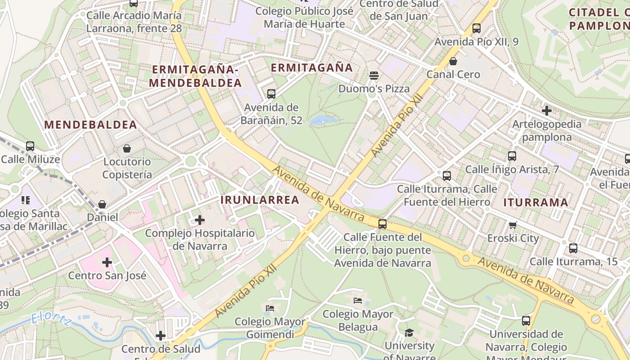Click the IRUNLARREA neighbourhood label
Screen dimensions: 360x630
260,200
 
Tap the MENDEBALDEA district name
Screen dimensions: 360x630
90,125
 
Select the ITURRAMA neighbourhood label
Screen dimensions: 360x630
535,202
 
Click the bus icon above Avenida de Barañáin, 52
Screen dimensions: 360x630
271,94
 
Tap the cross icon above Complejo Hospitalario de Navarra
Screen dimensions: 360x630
199,220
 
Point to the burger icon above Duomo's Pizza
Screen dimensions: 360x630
373,75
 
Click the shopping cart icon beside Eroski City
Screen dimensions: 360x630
513,225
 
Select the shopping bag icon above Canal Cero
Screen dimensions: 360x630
453,61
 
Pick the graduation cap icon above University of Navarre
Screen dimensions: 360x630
409,333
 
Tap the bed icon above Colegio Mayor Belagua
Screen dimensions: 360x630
358,301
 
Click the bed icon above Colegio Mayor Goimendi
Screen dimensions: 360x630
270,308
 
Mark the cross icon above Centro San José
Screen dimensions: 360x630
107,262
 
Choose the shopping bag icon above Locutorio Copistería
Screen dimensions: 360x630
127,148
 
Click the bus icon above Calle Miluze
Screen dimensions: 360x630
30,146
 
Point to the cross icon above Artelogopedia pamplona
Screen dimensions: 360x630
547,110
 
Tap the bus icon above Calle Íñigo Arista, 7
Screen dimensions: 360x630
512,156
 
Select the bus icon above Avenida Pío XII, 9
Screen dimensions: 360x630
477,28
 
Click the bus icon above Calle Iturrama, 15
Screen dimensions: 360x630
573,248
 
